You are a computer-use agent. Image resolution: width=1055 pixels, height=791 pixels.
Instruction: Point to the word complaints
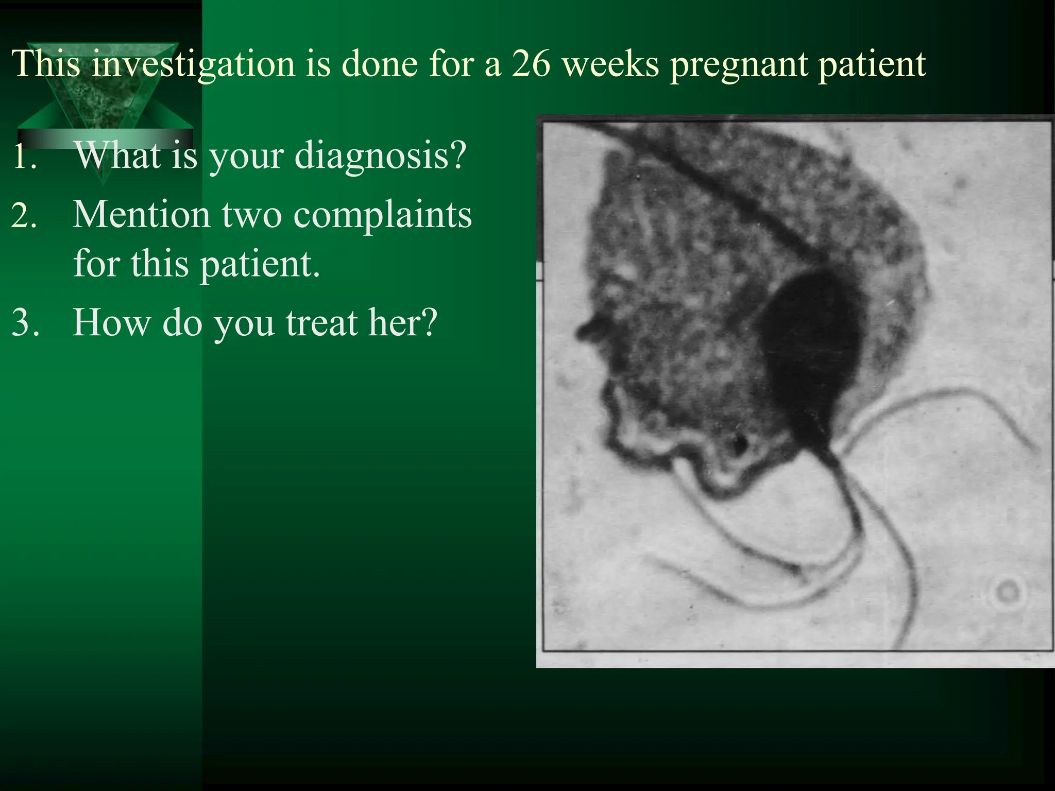(x=382, y=215)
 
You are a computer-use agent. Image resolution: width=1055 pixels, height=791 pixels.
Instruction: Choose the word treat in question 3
(x=321, y=322)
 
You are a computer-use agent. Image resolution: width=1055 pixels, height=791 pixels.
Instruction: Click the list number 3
(x=25, y=323)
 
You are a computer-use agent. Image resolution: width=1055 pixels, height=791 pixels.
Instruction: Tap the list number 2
(x=24, y=215)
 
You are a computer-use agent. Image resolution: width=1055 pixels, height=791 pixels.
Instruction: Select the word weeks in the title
(x=610, y=64)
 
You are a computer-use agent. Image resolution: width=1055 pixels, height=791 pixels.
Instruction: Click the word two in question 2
(x=251, y=215)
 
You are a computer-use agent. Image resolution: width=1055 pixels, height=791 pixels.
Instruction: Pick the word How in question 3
(x=110, y=322)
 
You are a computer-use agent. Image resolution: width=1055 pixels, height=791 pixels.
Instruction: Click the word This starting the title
(x=47, y=64)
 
